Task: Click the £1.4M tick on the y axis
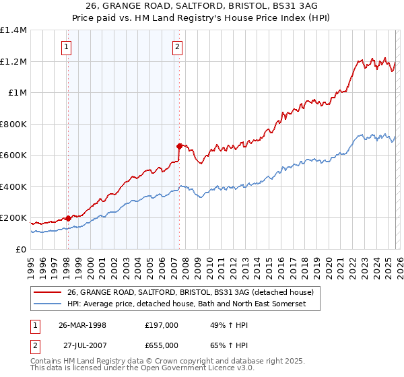click(13, 30)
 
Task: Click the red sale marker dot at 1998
click(69, 218)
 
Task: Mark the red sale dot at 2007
click(179, 145)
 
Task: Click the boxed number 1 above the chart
click(67, 46)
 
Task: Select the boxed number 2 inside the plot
click(177, 46)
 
